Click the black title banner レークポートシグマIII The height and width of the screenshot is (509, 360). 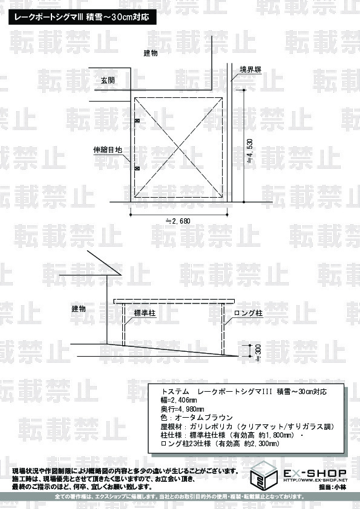point(82,16)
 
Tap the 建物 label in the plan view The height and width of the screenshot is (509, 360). point(151,53)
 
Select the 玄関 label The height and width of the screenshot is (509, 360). point(108,80)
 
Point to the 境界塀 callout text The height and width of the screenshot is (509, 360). point(250,70)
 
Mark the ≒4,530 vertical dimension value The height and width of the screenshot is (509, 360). point(250,151)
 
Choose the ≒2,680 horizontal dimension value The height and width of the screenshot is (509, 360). point(178,221)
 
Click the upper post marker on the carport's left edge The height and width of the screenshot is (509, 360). point(137,121)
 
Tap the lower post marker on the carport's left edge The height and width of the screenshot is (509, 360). point(137,168)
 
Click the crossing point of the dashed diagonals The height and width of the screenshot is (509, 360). point(178,148)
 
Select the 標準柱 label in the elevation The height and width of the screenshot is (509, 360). point(145,313)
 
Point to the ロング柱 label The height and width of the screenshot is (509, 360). point(248,313)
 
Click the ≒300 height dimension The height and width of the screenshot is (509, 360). point(258,353)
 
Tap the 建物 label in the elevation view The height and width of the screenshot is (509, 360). point(79,309)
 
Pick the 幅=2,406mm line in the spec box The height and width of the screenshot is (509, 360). point(178,400)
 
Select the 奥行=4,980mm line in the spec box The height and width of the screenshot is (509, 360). point(182,409)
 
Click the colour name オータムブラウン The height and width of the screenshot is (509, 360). point(204,418)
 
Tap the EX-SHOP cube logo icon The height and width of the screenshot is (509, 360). point(264,475)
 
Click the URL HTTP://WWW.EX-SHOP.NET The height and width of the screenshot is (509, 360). point(315,480)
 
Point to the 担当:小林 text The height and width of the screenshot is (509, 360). point(333,487)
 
